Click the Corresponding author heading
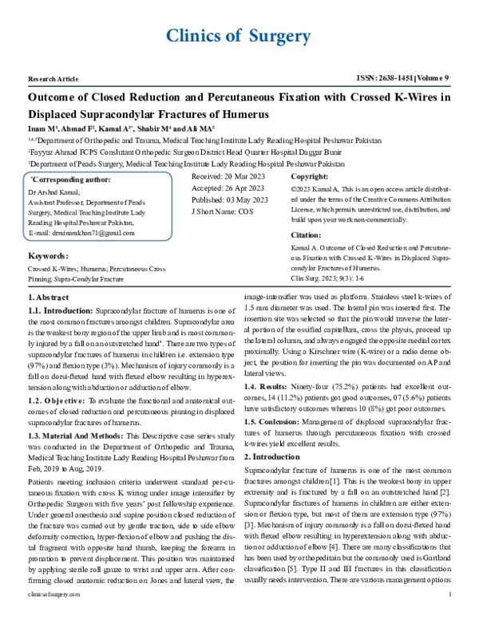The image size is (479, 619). click(x=70, y=181)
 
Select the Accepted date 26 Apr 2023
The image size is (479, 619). click(x=230, y=189)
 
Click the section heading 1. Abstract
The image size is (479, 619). click(x=49, y=297)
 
